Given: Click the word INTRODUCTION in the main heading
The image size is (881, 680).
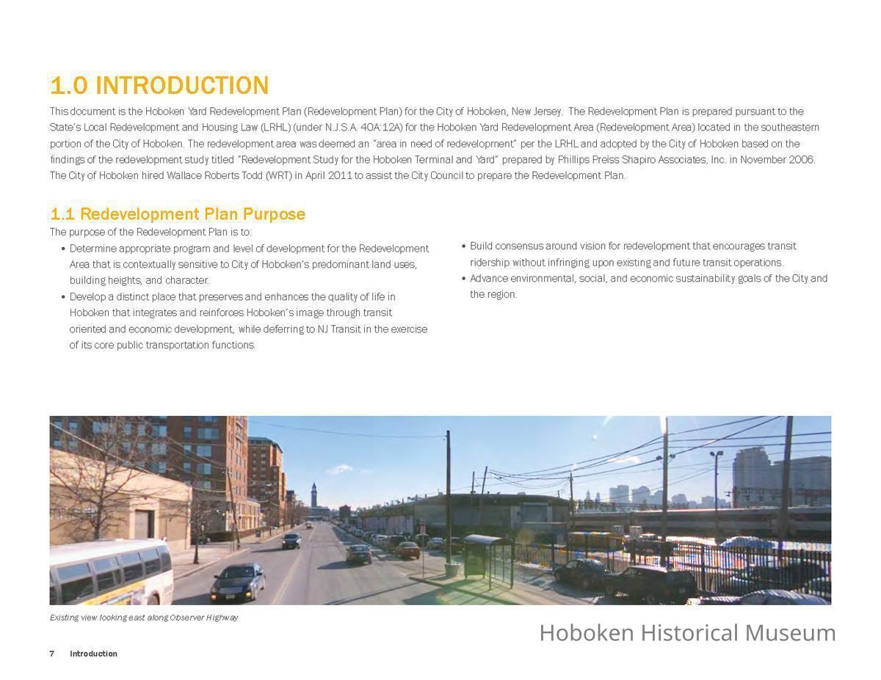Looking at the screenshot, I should (x=182, y=86).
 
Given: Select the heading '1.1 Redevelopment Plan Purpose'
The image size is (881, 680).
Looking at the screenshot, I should (x=178, y=214).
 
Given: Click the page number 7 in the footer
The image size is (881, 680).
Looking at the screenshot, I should (x=52, y=654).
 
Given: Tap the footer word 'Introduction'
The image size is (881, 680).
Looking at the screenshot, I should (x=93, y=654).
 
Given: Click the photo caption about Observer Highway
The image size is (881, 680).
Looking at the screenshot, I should (x=144, y=618).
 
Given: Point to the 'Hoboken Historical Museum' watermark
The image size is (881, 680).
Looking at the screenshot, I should (x=687, y=632).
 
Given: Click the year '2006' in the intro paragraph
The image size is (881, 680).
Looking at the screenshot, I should (x=801, y=160).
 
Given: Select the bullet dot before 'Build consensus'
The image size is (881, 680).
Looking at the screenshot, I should (x=463, y=246).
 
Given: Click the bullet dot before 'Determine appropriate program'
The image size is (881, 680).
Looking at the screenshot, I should (x=63, y=249).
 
